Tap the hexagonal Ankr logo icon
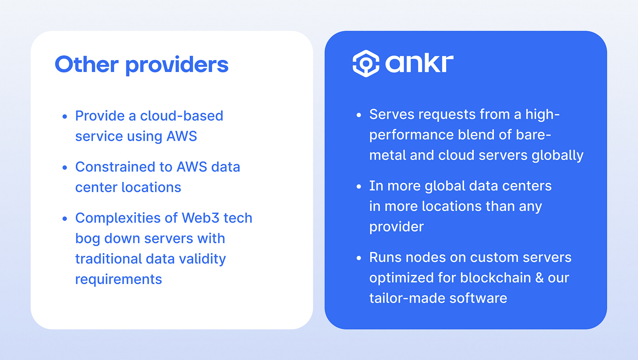click(x=365, y=64)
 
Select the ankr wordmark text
click(x=419, y=64)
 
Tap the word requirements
click(x=118, y=279)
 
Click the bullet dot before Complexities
click(x=65, y=218)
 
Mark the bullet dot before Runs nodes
click(x=359, y=257)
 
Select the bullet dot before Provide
click(x=65, y=116)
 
